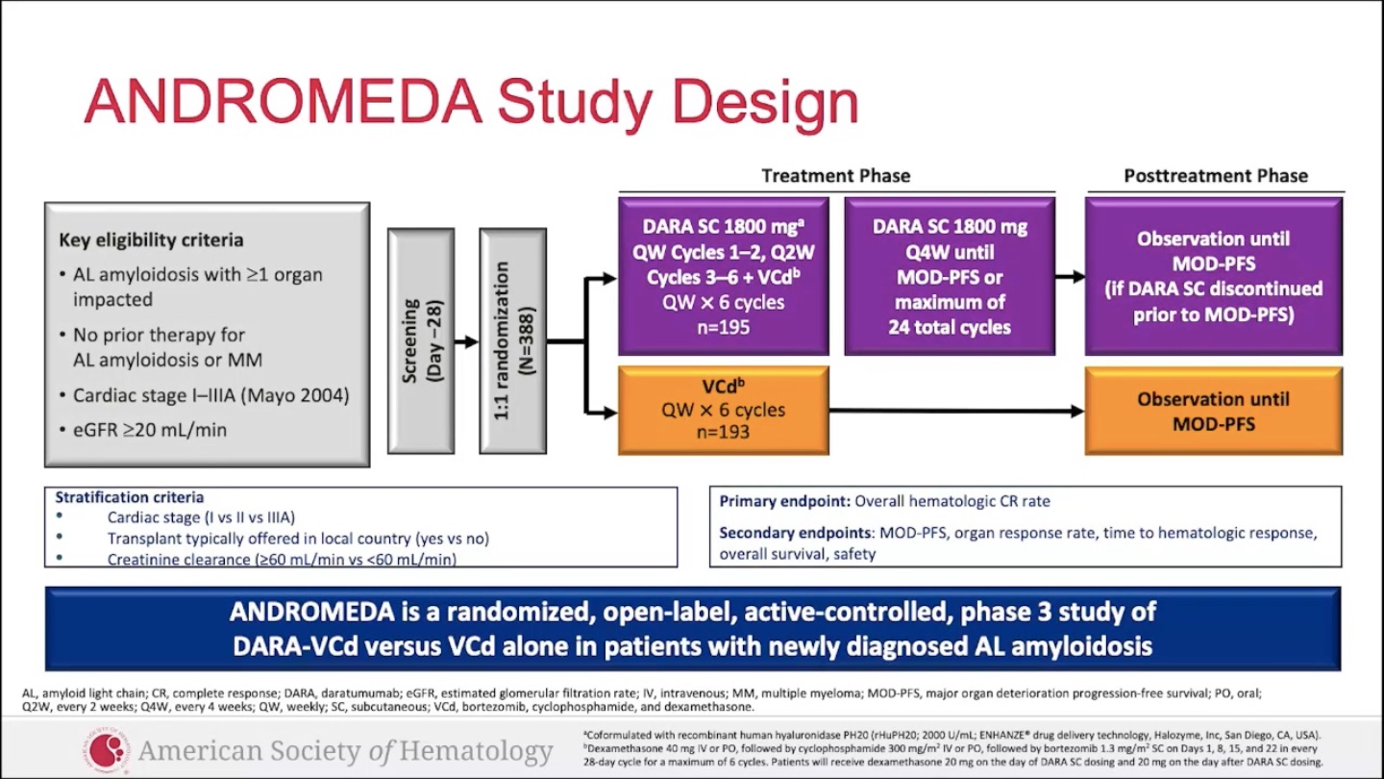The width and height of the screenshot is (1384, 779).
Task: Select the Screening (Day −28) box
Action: (421, 341)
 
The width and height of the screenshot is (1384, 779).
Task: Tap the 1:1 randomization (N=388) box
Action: (513, 341)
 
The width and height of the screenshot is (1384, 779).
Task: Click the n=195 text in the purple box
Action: (723, 327)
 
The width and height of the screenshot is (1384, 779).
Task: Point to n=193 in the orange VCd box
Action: (723, 432)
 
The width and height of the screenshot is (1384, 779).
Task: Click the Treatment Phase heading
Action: (835, 176)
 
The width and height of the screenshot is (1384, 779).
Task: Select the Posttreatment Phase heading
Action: (1215, 176)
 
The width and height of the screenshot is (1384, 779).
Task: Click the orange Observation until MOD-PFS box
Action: (1213, 411)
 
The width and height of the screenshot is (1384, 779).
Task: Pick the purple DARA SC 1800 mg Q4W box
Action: (950, 277)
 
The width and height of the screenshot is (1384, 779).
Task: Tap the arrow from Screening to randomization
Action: (466, 341)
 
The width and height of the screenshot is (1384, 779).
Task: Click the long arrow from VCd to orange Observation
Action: (956, 412)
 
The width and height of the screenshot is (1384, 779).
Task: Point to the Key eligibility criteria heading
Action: (151, 240)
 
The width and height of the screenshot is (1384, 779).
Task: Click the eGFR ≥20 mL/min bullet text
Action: (150, 430)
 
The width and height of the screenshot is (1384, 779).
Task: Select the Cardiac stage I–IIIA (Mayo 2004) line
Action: (211, 395)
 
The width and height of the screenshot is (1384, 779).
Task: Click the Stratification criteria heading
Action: (129, 497)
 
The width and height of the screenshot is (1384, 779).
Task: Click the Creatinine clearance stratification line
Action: (282, 559)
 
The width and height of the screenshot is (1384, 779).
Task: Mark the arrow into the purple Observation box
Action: (1070, 277)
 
